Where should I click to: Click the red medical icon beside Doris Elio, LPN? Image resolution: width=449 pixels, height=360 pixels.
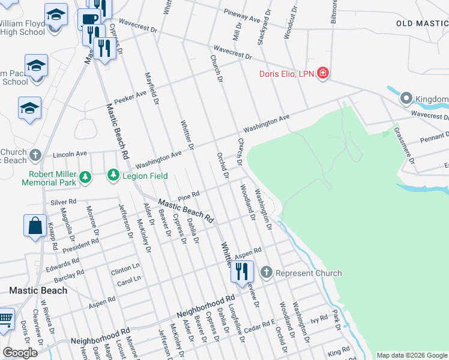tap(323, 74)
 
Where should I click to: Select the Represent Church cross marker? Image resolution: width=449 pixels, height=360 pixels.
tap(267, 273)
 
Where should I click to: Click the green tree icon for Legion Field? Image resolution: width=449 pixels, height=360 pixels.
tap(112, 175)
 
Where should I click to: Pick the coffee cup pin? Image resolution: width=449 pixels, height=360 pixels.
tap(89, 19)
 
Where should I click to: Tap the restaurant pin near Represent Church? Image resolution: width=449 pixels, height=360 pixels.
tap(242, 271)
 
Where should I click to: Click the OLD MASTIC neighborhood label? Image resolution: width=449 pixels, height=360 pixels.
tap(422, 23)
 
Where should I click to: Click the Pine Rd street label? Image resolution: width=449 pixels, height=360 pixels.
tap(188, 197)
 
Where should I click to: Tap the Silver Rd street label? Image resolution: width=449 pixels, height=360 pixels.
tap(64, 202)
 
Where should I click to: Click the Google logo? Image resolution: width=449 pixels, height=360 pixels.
tap(20, 353)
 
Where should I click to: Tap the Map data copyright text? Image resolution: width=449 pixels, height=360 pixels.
tap(411, 355)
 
